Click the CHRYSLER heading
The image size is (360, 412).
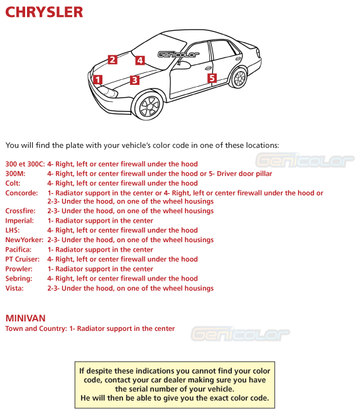click(44, 13)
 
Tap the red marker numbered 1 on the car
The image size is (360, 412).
click(97, 80)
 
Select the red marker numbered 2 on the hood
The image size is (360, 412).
click(112, 60)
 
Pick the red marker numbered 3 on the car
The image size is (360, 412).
click(134, 80)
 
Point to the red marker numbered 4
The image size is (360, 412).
click(139, 60)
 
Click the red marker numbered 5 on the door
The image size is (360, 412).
click(212, 78)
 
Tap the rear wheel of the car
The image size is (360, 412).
click(239, 78)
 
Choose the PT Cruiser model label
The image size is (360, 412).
click(23, 259)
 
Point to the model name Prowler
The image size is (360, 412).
click(19, 269)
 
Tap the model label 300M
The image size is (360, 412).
click(15, 174)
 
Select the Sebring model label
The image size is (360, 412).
click(18, 279)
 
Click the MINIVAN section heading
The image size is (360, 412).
click(25, 318)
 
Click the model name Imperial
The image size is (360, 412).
click(19, 221)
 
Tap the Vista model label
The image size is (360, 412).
click(14, 288)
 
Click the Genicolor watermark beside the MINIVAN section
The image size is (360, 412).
click(241, 333)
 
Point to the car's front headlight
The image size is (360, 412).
click(107, 94)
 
